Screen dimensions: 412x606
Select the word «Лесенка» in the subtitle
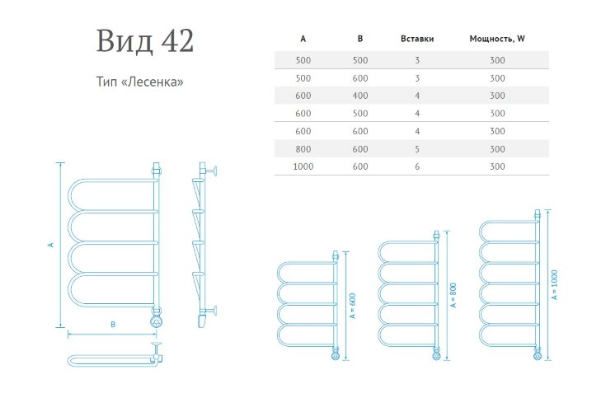156,83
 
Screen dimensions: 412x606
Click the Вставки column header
416,39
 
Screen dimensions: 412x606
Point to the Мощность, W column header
497,39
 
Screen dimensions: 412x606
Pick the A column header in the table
303,39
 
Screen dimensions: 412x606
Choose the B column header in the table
360,39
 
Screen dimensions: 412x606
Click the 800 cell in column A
303,149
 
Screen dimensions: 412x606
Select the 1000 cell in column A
303,167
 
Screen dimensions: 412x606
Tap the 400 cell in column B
360,96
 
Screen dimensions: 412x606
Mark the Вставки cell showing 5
416,149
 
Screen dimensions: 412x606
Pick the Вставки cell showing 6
416,167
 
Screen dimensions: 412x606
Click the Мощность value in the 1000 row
497,167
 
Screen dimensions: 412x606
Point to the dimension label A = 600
352,306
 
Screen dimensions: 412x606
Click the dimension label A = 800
453,294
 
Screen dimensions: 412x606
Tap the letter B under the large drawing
113,325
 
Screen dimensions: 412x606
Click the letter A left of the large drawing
51,245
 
